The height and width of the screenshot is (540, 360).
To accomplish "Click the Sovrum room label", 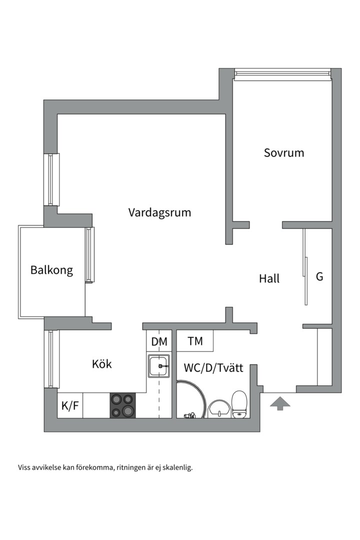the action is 284,152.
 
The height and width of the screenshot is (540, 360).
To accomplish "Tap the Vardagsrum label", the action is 159,212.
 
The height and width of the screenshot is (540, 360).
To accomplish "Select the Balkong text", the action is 51,270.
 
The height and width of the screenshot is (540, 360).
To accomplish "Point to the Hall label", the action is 269,278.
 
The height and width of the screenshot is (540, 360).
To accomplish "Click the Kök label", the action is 102,363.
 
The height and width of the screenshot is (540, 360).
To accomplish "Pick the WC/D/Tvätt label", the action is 213,368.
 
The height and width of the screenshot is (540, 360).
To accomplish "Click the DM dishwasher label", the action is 159,341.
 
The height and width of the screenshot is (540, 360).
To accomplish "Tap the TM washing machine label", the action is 195,341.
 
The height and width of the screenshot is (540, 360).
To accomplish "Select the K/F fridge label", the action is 70,406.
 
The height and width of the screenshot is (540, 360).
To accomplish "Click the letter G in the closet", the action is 319,276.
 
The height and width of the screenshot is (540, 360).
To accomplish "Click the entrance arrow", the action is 279,403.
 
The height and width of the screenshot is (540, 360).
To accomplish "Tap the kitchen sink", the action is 159,365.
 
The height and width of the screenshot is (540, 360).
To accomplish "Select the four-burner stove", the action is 123,405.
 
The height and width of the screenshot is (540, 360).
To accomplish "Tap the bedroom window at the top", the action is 282,74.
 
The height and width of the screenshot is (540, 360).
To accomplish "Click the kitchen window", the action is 52,359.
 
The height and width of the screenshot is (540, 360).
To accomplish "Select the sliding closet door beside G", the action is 305,267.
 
